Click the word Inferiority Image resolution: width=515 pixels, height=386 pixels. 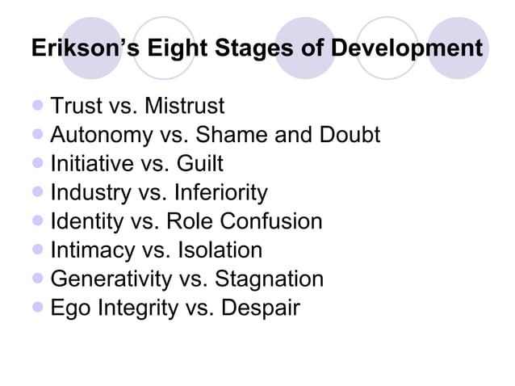coord(214,193)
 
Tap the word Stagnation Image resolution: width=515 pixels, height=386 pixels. coord(267,279)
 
